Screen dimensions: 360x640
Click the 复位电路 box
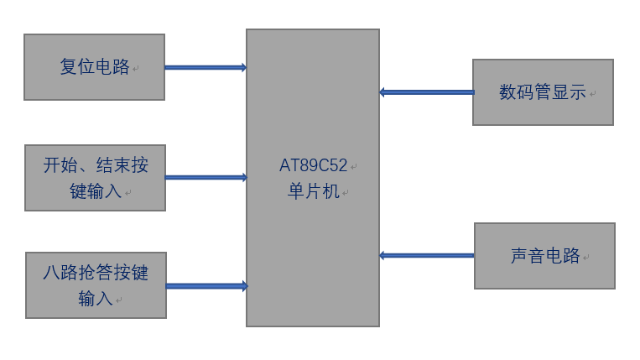point(94,67)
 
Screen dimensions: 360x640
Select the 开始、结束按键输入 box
point(95,178)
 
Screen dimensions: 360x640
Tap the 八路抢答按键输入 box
point(96,285)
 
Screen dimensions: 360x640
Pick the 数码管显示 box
point(543,92)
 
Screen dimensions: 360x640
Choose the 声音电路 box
point(544,256)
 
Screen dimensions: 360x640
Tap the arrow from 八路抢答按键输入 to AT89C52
point(206,286)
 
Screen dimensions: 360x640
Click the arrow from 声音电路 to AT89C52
point(427,255)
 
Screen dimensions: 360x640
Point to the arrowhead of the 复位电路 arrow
point(243,67)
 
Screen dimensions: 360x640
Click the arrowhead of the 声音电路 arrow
point(382,255)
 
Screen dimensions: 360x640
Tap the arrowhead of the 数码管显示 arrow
point(382,92)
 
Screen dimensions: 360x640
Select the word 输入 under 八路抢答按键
point(96,298)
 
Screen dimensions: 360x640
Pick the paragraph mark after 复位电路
point(135,70)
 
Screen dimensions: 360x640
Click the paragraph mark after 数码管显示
point(593,95)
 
